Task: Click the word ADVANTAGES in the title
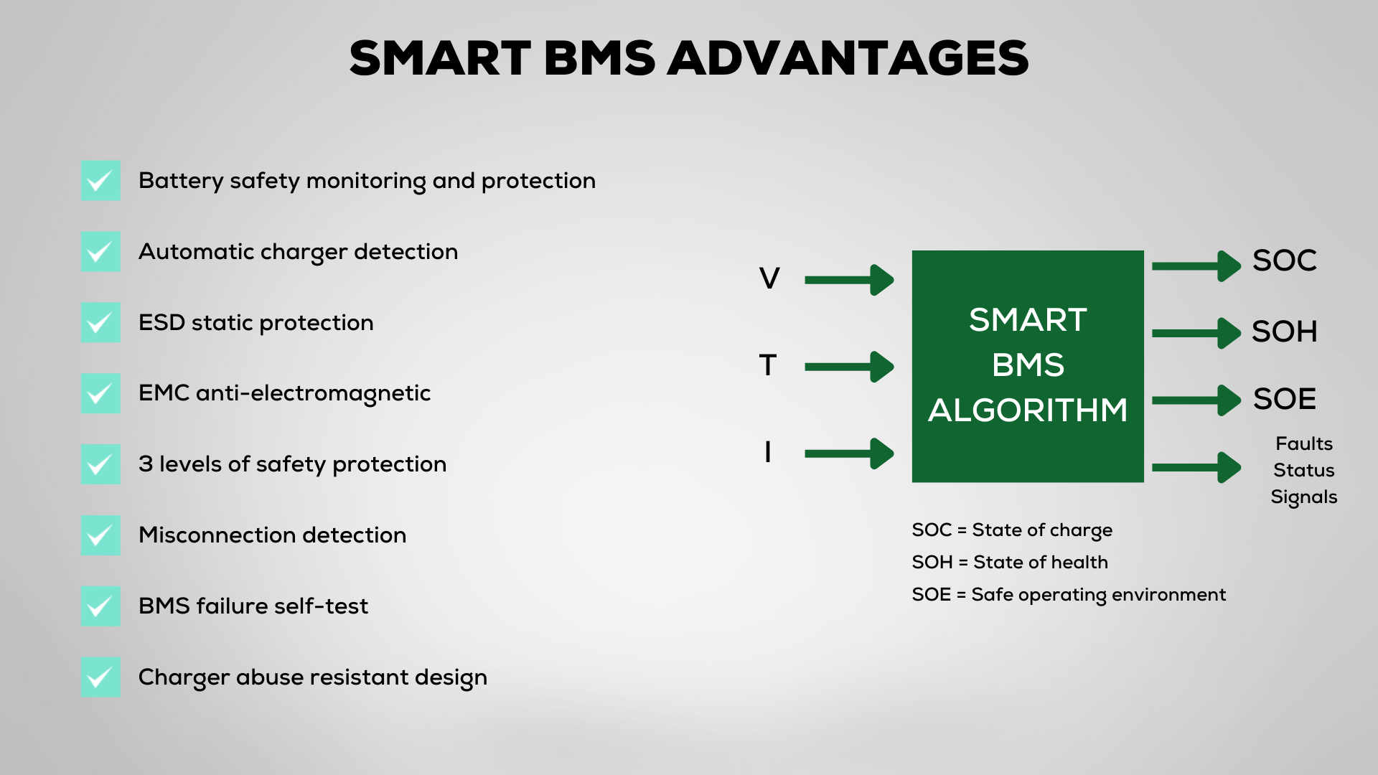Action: tap(848, 58)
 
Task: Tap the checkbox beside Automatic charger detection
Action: tap(100, 251)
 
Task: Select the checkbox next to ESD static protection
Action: tap(100, 322)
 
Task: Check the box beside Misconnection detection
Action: tap(100, 535)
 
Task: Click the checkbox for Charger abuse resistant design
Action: tap(100, 677)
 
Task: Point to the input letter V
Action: tap(769, 278)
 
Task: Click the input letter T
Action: tap(768, 365)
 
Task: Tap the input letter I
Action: tap(768, 452)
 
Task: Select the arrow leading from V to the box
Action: tap(850, 280)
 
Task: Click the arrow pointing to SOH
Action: tap(1196, 333)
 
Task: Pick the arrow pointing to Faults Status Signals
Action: tap(1196, 467)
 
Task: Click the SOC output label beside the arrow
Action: tap(1285, 260)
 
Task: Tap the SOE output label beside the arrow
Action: tap(1285, 399)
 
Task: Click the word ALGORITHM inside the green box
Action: tap(1028, 410)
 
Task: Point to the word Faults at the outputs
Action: tap(1304, 443)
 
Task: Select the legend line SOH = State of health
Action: tap(1010, 562)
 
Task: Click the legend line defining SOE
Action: tap(1069, 595)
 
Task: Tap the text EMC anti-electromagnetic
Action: tap(284, 393)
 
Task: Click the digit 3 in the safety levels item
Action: tap(146, 464)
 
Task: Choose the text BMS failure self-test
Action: tap(253, 606)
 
